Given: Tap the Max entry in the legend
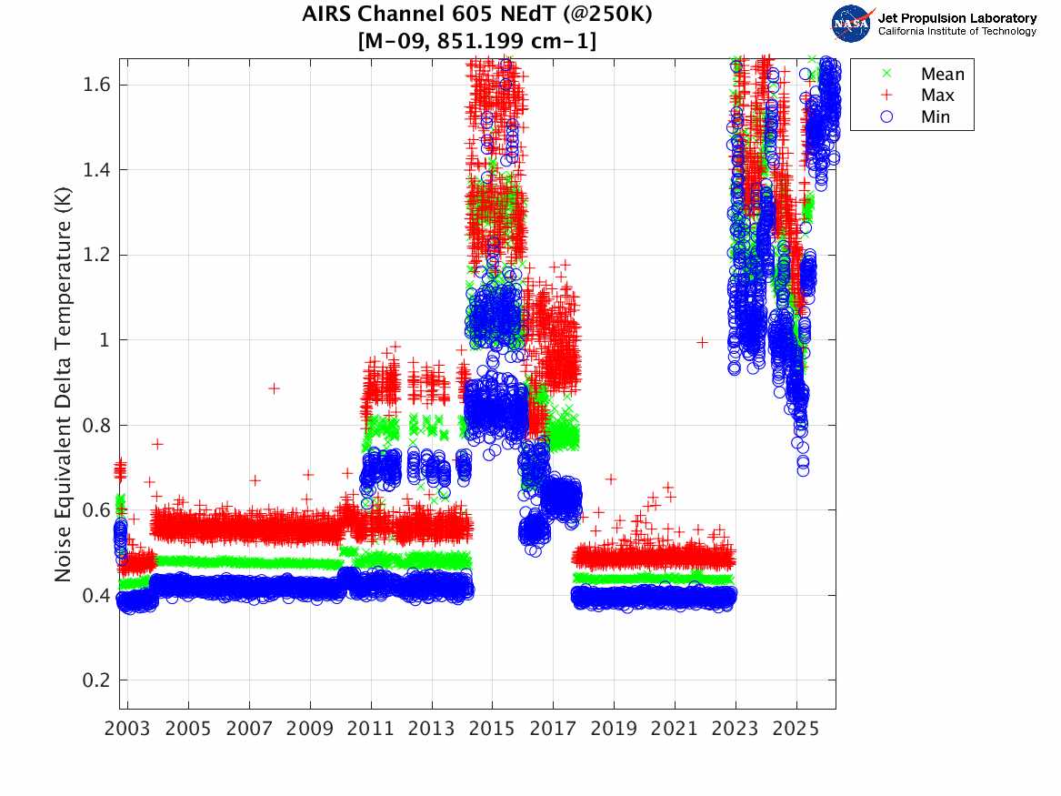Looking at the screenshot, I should pyautogui.click(x=936, y=96).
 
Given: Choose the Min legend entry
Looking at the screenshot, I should pyautogui.click(x=936, y=117).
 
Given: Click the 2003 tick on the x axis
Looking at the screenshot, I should pyautogui.click(x=128, y=729).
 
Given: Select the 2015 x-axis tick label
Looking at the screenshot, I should pyautogui.click(x=492, y=729).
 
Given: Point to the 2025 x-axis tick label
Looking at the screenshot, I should pyautogui.click(x=796, y=729).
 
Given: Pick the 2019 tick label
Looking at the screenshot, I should pyautogui.click(x=614, y=729).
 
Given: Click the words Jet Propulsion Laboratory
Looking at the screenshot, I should pyautogui.click(x=956, y=18).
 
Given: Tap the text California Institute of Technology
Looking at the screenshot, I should pyautogui.click(x=956, y=32).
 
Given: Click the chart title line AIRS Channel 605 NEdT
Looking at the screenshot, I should pyautogui.click(x=477, y=15).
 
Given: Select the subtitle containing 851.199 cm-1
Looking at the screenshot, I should pyautogui.click(x=477, y=41).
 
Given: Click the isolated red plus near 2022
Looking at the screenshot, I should pyautogui.click(x=702, y=342).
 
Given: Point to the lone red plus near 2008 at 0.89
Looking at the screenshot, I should pyautogui.click(x=275, y=388).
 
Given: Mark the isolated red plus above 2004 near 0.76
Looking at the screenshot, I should pyautogui.click(x=158, y=444).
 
